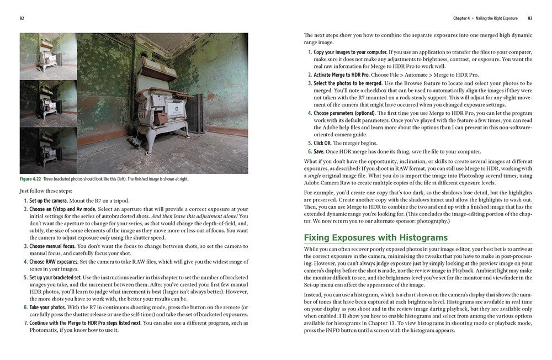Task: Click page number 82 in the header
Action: [22, 18]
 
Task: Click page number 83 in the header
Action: [529, 18]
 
